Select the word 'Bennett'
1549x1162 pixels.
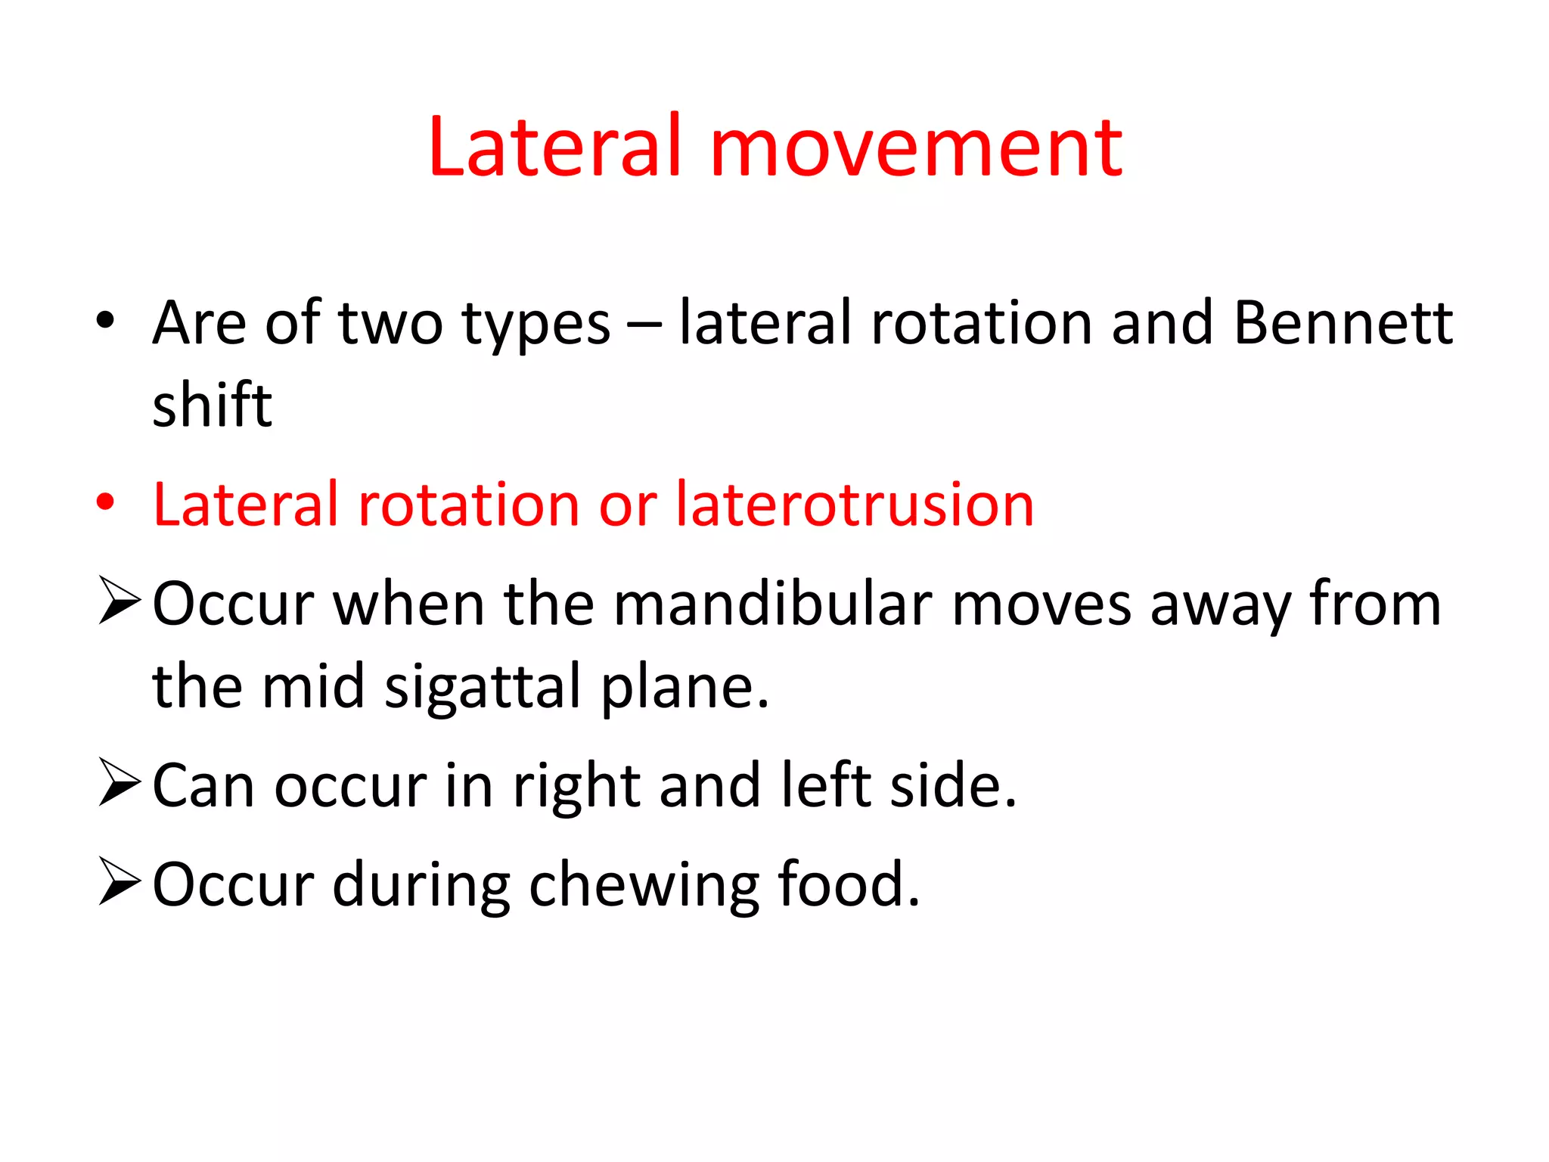(x=1343, y=324)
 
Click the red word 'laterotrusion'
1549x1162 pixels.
(x=855, y=505)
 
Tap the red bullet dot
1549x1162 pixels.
(x=105, y=502)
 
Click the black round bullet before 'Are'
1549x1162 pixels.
(x=105, y=320)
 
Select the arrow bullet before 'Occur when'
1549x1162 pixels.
(x=120, y=601)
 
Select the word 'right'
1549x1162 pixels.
(x=576, y=787)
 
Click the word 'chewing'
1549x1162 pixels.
(x=644, y=886)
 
